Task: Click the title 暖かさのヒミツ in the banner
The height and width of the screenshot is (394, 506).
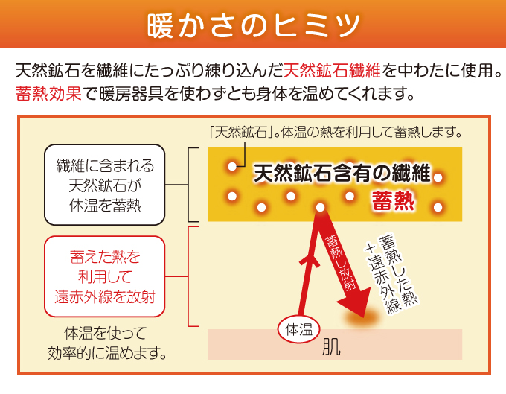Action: tap(254, 25)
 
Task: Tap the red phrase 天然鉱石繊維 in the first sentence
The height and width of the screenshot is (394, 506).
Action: tap(333, 71)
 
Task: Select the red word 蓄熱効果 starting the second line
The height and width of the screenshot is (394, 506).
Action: tap(48, 93)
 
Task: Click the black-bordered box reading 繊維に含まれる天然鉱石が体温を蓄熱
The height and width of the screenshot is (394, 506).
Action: tap(105, 185)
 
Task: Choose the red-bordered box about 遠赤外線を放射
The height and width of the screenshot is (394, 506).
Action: tap(105, 276)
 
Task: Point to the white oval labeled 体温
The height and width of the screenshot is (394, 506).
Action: tap(299, 330)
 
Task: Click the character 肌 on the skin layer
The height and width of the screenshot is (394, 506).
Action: tap(331, 347)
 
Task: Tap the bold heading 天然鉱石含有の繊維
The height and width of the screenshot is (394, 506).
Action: tap(342, 174)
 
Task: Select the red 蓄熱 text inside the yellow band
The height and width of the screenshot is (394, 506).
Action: tap(393, 200)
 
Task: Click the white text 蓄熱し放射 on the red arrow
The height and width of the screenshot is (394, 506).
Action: tap(341, 263)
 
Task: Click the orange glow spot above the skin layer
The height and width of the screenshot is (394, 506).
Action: tap(362, 319)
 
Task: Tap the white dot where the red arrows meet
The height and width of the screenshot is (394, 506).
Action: tap(320, 207)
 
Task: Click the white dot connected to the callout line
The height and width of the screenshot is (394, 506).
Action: tap(232, 167)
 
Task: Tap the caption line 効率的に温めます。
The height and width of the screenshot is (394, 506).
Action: tap(107, 353)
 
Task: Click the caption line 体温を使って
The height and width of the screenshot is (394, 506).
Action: tap(105, 333)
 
